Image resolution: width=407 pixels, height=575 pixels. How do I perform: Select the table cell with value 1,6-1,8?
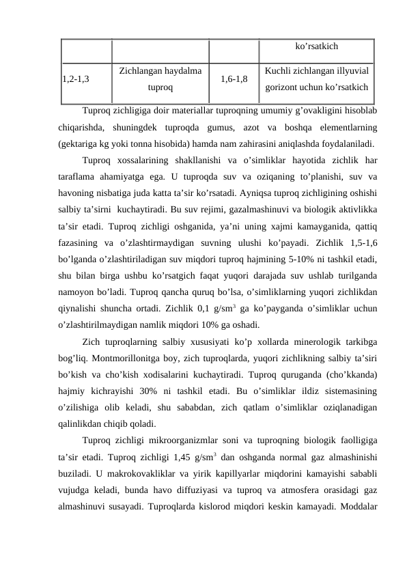tap(234, 79)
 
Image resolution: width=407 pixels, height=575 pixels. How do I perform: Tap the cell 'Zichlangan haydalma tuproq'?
tap(160, 79)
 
